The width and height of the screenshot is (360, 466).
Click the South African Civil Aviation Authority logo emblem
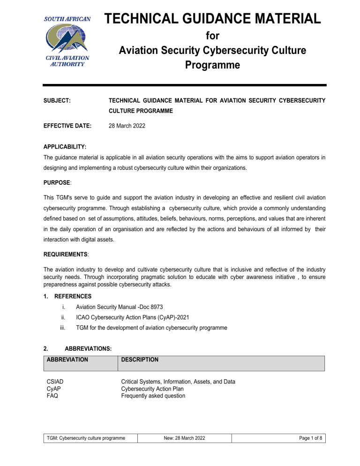[64, 40]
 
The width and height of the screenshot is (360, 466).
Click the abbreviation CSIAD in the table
[56, 382]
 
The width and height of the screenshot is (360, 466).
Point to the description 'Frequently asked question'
[153, 396]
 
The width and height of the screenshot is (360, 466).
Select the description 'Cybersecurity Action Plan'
[152, 389]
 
